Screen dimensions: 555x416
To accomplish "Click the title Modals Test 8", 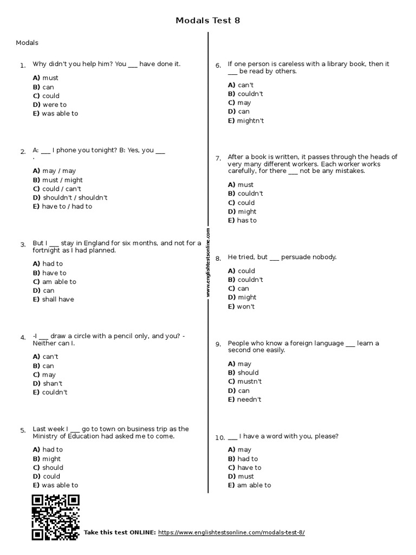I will (x=207, y=21).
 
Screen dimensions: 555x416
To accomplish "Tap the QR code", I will (x=55, y=518).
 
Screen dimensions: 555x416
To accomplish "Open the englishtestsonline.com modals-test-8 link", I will (x=231, y=533).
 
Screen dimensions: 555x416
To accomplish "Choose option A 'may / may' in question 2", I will (x=54, y=171).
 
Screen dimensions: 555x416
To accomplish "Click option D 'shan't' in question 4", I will (x=47, y=383).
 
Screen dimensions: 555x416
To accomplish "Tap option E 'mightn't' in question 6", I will (x=246, y=121).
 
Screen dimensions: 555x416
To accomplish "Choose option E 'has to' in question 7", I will (x=242, y=221).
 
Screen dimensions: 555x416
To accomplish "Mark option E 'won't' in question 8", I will (x=241, y=306).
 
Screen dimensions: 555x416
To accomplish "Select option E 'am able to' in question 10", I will (x=249, y=485).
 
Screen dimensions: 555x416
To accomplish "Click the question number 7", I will (x=218, y=158).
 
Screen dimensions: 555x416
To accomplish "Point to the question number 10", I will (x=219, y=437).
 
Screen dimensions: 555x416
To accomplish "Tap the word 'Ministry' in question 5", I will (x=45, y=436).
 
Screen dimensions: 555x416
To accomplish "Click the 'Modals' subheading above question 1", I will (x=27, y=43).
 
